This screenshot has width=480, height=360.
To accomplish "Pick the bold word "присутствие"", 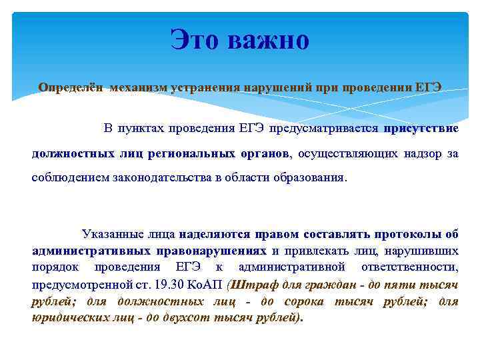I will pos(421,127).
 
